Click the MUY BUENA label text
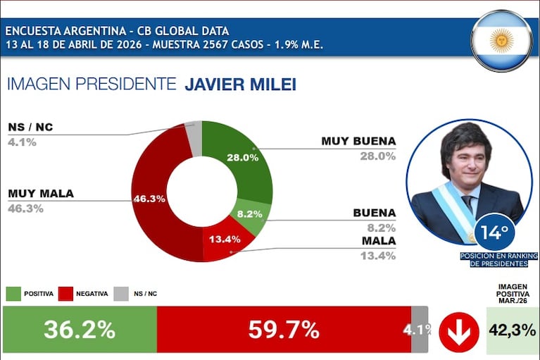click(x=358, y=141)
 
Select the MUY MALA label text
click(x=40, y=194)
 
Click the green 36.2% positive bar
click(x=80, y=330)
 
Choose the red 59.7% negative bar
click(x=284, y=330)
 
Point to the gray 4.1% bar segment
click(x=420, y=330)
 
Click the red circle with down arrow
click(x=458, y=330)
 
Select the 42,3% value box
click(x=513, y=330)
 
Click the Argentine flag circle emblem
click(x=501, y=40)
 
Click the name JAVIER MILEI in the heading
click(x=240, y=85)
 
